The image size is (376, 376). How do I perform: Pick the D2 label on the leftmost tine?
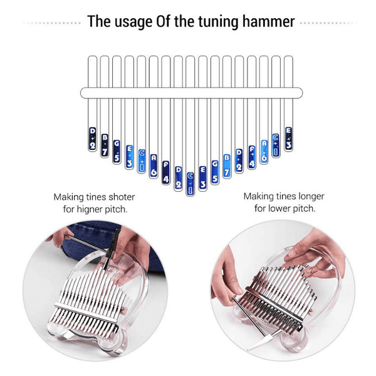[x=92, y=139]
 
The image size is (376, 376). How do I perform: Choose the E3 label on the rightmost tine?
[x=288, y=138]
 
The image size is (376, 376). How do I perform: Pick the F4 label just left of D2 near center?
[x=166, y=173]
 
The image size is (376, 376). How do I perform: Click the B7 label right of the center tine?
[x=227, y=164]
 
